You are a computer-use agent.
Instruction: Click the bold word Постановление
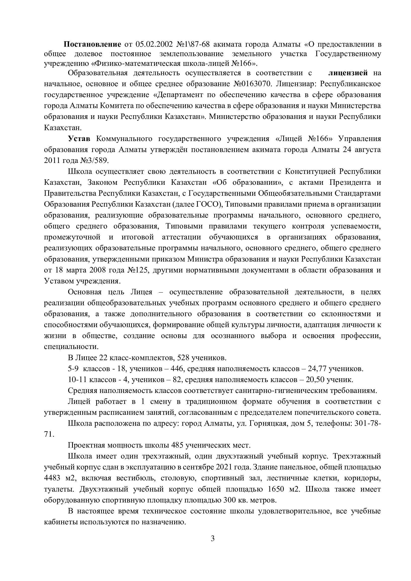92,44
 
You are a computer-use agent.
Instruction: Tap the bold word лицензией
348,73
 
